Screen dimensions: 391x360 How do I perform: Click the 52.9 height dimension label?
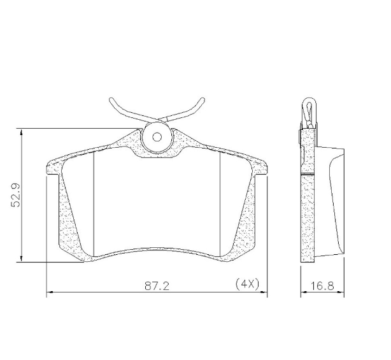15,196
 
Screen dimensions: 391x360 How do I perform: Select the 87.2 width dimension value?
157,285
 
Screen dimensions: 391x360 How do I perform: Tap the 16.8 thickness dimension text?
322,285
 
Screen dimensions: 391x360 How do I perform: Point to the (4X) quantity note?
247,284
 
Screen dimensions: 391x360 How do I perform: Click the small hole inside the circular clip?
157,137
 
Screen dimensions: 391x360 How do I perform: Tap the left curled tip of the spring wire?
111,100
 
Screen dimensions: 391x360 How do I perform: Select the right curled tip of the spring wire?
203,100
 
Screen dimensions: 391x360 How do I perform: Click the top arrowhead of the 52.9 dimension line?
22,133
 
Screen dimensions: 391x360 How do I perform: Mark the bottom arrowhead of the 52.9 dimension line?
22,259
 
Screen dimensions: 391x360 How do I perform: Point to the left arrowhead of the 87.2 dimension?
50,292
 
